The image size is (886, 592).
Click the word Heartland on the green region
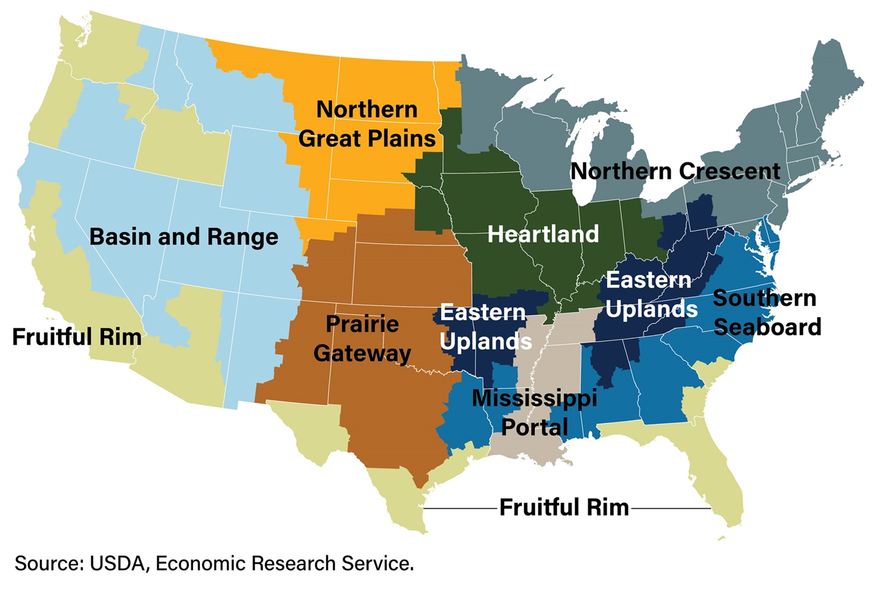(543, 234)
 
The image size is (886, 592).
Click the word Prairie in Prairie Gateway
(362, 324)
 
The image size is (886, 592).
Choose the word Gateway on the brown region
(362, 353)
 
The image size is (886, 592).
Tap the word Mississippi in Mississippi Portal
(534, 398)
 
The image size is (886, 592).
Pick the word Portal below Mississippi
(534, 427)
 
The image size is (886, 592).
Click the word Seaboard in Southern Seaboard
(767, 327)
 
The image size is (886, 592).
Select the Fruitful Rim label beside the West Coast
(77, 337)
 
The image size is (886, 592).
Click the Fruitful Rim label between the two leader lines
(564, 508)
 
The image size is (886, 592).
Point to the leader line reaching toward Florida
(671, 509)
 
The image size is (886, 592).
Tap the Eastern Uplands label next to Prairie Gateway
(485, 327)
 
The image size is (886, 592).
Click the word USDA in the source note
(119, 564)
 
